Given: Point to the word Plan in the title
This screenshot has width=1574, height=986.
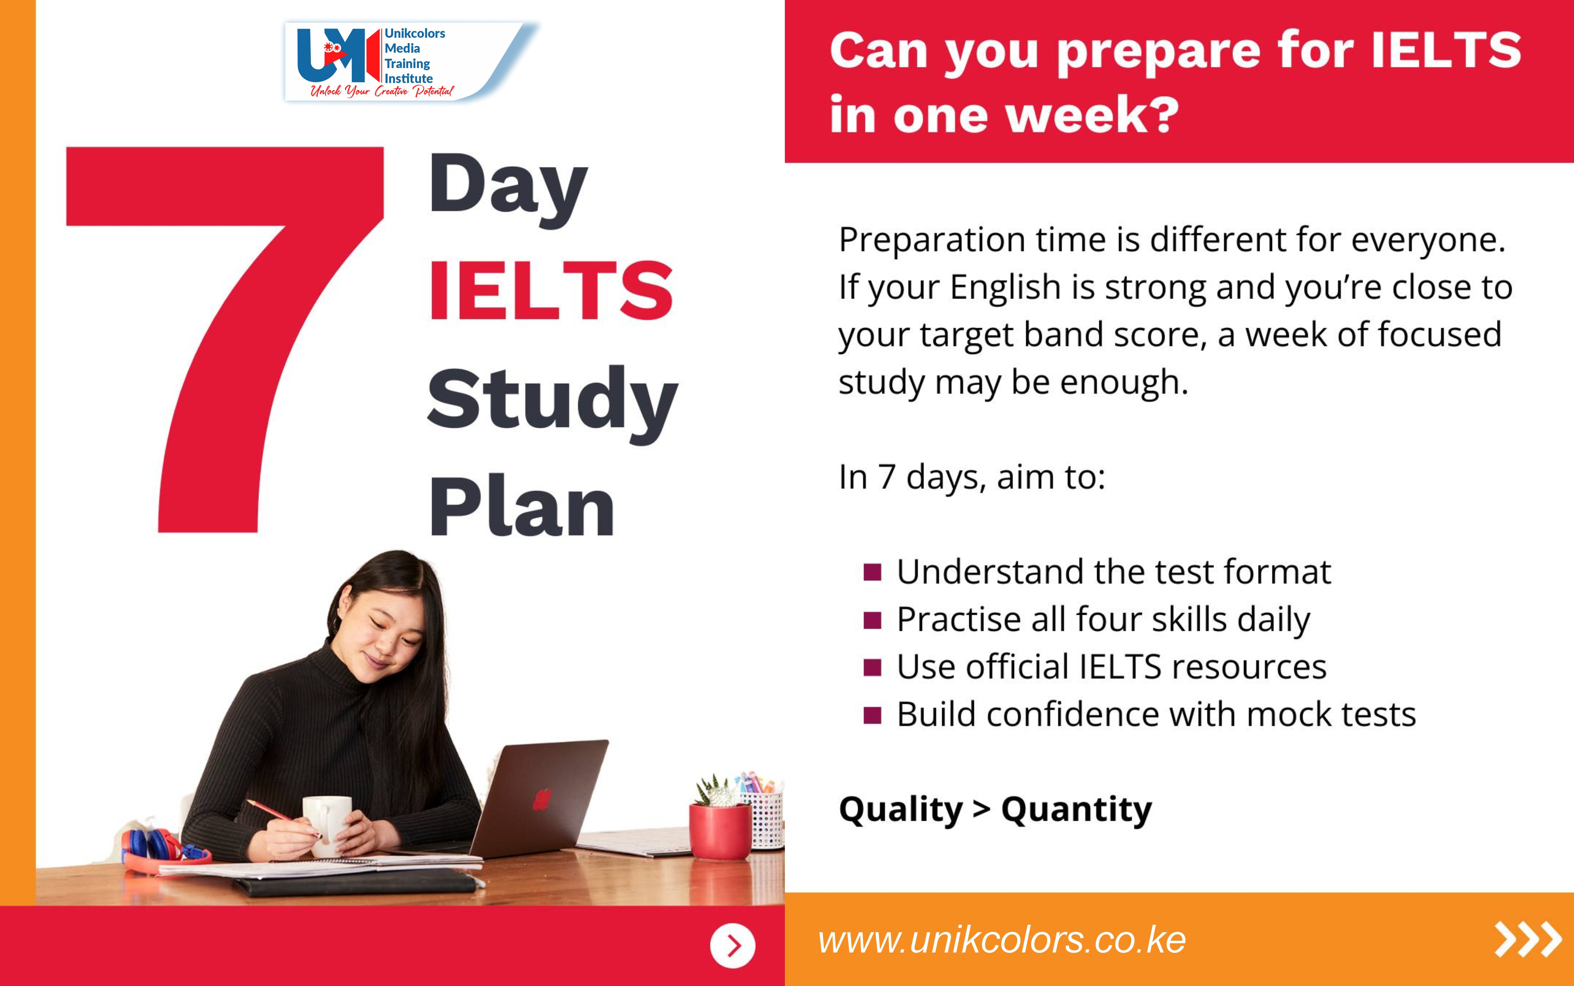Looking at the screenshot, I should tap(522, 507).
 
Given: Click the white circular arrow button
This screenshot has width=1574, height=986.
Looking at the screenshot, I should tap(732, 945).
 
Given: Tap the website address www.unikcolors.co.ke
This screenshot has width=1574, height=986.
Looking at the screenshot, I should tap(1001, 940).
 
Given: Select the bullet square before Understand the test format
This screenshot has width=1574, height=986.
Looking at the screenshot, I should tap(872, 572).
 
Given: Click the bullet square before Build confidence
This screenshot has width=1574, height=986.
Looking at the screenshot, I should tap(872, 715).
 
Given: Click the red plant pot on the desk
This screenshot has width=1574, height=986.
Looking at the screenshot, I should tap(720, 831).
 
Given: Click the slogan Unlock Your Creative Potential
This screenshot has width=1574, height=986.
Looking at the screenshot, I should tap(382, 91).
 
